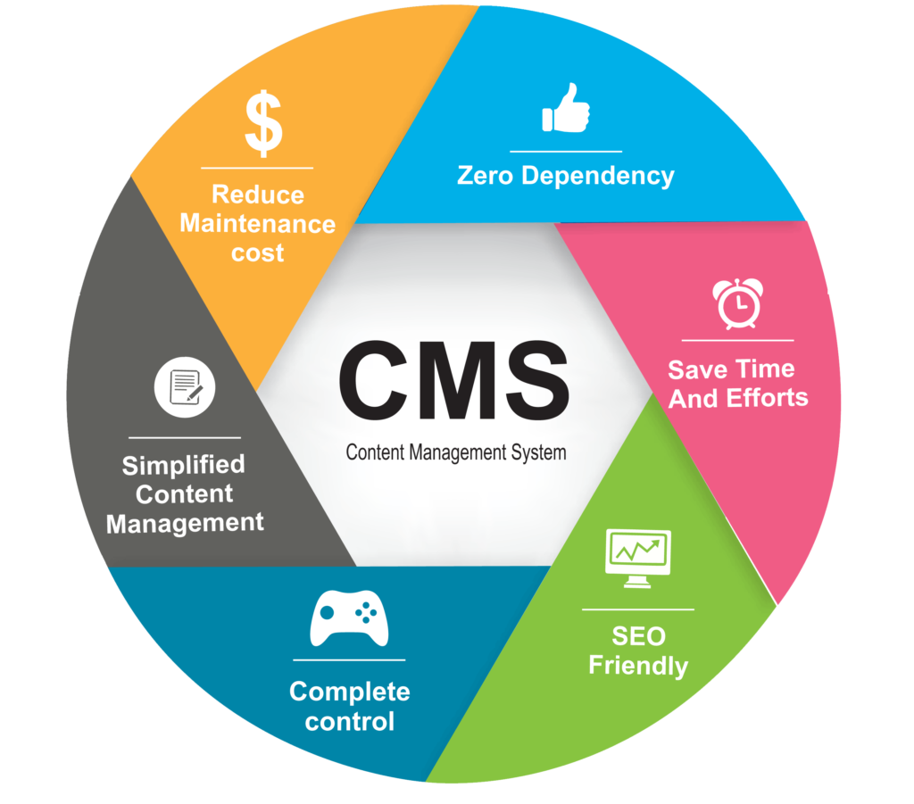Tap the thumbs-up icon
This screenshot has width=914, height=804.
(565, 110)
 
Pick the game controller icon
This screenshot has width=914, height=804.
(348, 618)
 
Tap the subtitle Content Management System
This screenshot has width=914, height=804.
(455, 452)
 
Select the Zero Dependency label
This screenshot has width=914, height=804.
(565, 175)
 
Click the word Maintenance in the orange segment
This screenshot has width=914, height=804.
(258, 223)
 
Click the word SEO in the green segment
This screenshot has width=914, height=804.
(638, 636)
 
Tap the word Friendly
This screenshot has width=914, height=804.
(638, 666)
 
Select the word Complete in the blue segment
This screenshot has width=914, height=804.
(349, 692)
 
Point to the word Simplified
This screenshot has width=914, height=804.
(183, 465)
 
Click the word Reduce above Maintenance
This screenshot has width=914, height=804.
(257, 195)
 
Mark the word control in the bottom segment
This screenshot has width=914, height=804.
(349, 720)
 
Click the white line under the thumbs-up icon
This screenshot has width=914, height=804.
(565, 152)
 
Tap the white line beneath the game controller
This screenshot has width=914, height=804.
(348, 660)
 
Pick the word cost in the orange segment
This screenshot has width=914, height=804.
(257, 253)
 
